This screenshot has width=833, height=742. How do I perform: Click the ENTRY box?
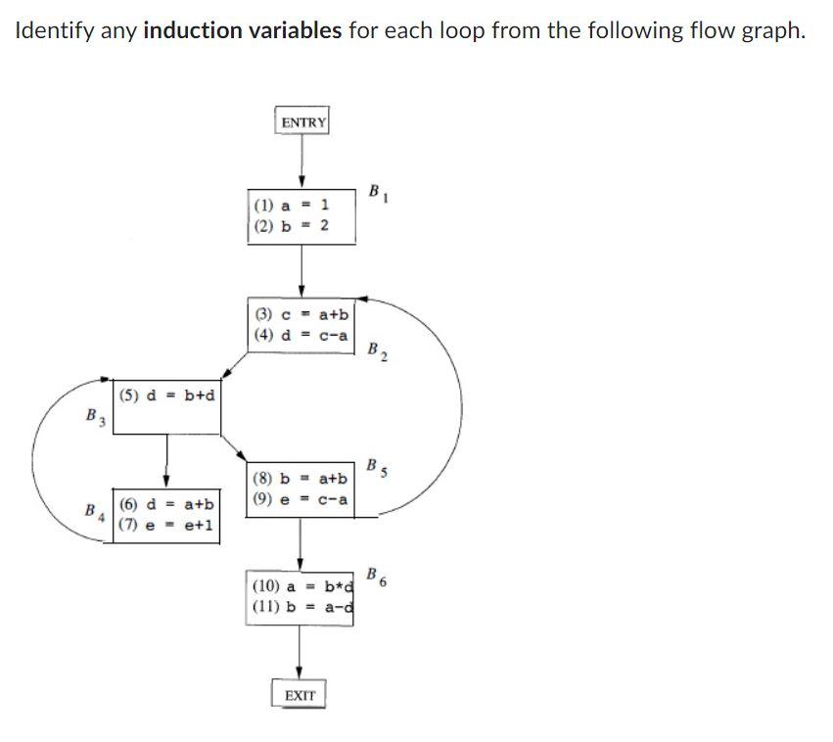point(301,122)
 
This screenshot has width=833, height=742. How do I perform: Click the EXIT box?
point(300,695)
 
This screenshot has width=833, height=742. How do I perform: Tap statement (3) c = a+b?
point(301,315)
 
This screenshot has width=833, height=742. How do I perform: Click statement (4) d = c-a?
point(301,334)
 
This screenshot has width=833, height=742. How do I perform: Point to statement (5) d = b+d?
point(167,395)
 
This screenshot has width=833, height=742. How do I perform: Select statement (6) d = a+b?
point(166,505)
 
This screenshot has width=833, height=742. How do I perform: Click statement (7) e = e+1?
point(166,524)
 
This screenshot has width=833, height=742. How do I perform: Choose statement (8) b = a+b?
point(300,479)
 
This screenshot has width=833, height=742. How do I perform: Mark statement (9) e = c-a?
point(300,498)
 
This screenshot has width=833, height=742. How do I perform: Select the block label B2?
point(378,351)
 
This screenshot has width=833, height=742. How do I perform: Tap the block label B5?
point(378,467)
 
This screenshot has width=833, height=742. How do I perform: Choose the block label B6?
point(378,577)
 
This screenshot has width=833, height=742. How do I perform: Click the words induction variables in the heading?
point(242,30)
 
